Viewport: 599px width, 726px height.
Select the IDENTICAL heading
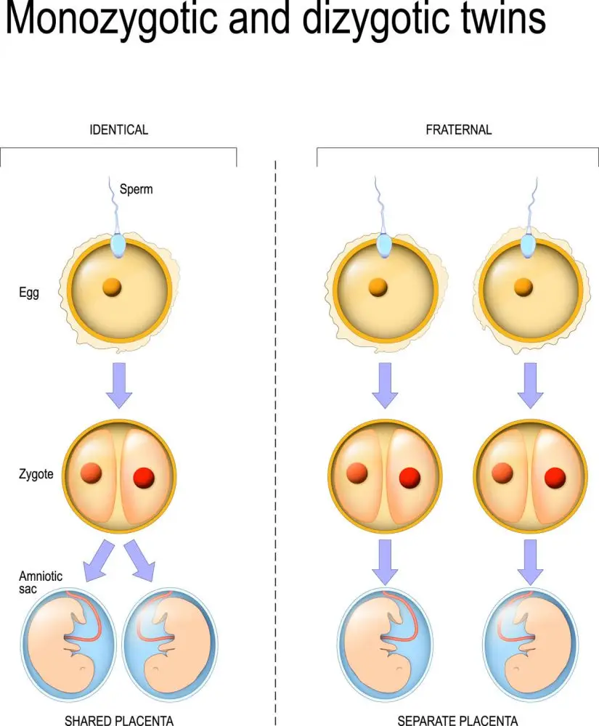point(118,130)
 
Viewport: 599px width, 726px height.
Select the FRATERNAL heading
point(458,130)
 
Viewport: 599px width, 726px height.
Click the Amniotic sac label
point(41,582)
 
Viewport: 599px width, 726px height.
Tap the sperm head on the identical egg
point(119,245)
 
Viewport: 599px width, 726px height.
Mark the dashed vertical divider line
point(276,436)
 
